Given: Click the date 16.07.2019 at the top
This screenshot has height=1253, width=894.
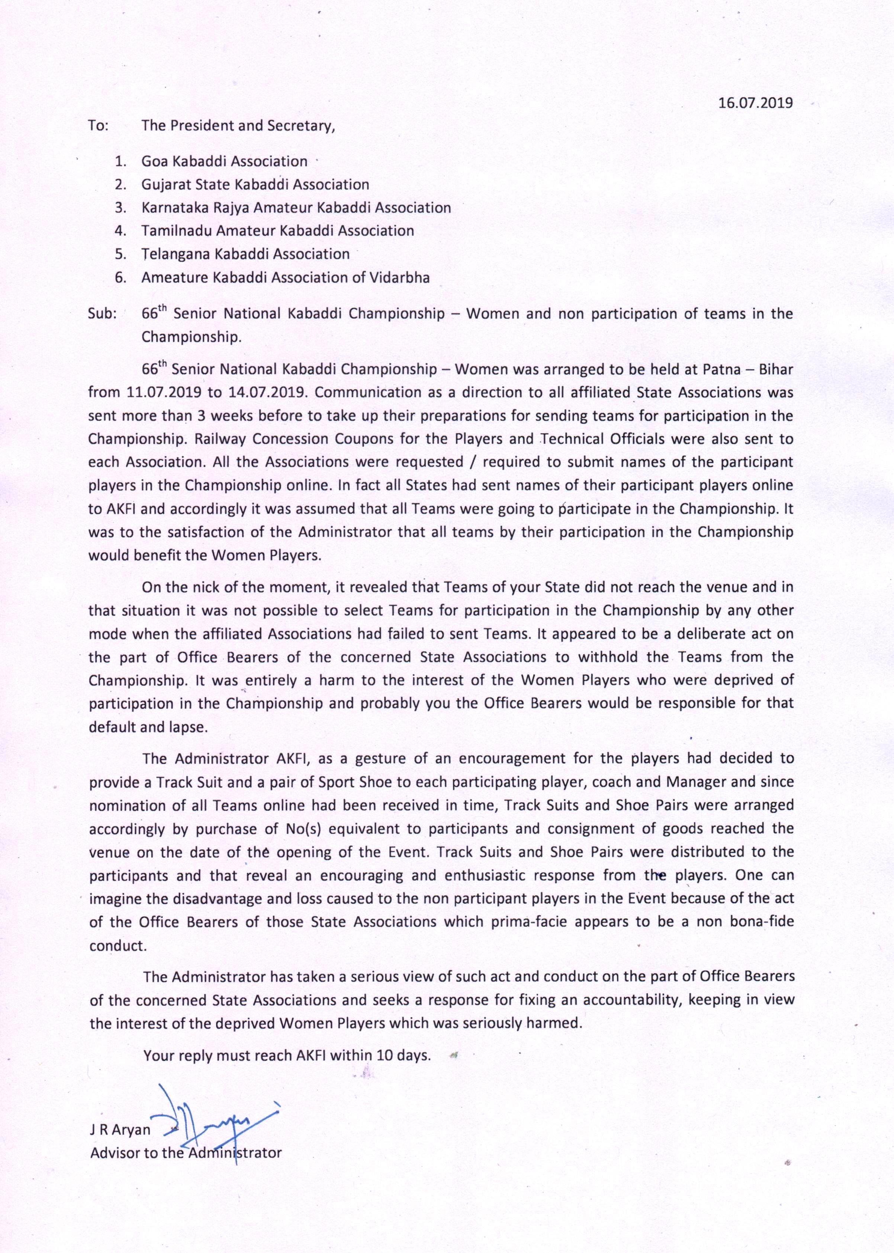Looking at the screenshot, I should coord(756,103).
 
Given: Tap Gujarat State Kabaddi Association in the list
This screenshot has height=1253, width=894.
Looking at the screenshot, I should coord(255,184).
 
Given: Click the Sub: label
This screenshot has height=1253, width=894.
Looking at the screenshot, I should coord(102,314).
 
